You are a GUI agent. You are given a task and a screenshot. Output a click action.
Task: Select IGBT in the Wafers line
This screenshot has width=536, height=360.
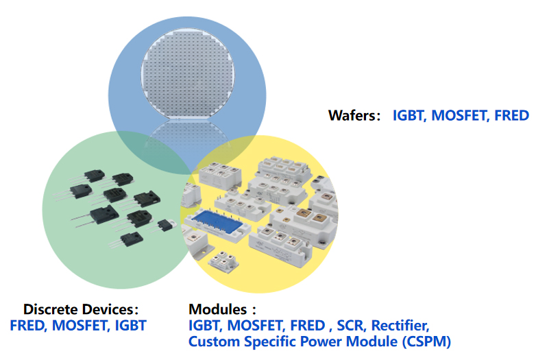click(409, 115)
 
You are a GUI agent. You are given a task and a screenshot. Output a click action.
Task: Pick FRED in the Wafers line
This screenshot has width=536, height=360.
click(511, 115)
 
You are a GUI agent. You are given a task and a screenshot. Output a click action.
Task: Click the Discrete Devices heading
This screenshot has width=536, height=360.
click(81, 309)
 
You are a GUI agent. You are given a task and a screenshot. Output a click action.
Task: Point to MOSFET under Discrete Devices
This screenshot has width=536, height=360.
click(80, 325)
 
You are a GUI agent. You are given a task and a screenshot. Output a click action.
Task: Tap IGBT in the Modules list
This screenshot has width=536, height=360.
click(205, 325)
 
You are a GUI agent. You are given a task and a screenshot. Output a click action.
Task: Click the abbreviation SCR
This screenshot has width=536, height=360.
click(350, 325)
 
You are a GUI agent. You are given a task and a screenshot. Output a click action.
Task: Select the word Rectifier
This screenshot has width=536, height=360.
click(400, 325)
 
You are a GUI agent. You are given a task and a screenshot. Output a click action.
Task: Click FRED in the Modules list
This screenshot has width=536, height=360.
click(306, 325)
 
